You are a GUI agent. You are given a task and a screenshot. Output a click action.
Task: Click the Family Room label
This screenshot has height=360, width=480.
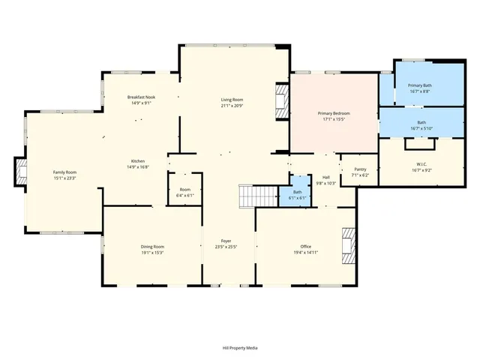coord(64,172)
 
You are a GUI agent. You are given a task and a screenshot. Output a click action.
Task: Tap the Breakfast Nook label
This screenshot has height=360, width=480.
coord(140,97)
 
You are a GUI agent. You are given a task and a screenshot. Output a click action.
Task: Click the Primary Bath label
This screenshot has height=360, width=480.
coord(419,85)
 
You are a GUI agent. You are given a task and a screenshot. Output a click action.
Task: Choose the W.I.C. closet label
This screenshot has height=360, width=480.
coord(421,164)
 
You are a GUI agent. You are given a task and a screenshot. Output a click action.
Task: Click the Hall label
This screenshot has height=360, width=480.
coord(326,177)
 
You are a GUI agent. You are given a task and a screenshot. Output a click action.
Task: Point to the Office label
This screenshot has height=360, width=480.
coord(305,247)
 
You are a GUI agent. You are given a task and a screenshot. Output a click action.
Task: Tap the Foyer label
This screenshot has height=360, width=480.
coord(225,241)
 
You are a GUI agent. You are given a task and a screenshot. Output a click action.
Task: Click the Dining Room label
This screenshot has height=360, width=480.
coord(152,247)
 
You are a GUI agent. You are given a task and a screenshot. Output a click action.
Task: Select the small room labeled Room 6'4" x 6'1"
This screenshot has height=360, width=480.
coord(184,190)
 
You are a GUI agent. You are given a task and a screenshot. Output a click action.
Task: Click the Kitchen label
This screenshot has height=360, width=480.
coord(137,162)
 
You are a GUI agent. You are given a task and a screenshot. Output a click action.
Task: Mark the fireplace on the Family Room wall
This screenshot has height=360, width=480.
coord(21,172)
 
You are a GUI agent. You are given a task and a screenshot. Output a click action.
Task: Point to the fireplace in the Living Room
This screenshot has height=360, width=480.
coord(281,100)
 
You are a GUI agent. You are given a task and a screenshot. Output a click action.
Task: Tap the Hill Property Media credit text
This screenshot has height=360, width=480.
coord(240,348)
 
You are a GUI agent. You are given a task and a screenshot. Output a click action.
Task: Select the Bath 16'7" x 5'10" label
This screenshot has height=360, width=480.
coord(421,123)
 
